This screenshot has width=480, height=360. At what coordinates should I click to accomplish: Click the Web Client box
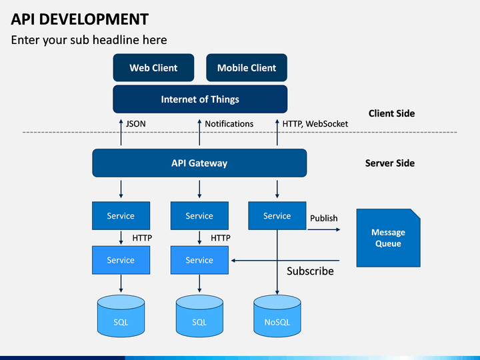[153, 67]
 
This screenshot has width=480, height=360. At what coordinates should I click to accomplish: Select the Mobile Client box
[247, 67]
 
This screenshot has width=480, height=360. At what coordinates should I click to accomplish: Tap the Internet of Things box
[200, 99]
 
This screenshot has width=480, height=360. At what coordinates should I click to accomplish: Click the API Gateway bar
[199, 163]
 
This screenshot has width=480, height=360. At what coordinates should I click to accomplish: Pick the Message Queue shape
[388, 238]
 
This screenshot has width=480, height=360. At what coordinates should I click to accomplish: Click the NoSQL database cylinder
[277, 315]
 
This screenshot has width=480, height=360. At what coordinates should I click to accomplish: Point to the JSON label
[135, 124]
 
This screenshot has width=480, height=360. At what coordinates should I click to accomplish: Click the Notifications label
[229, 124]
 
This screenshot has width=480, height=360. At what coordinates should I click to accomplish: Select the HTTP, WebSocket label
[315, 124]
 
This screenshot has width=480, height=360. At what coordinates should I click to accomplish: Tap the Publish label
[323, 218]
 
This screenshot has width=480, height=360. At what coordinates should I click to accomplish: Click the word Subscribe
[310, 271]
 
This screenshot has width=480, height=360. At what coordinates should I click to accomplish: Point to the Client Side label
[391, 113]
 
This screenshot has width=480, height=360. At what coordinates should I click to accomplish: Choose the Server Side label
[390, 163]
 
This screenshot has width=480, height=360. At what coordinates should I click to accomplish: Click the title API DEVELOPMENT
[79, 19]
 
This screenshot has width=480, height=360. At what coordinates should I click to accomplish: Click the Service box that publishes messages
[277, 215]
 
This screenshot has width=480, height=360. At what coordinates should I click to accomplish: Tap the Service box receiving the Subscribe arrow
[199, 260]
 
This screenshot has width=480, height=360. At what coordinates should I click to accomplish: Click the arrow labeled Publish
[324, 229]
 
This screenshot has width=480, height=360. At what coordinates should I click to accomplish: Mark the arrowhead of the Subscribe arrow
[233, 261]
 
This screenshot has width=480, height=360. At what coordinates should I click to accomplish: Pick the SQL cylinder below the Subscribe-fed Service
[199, 315]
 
